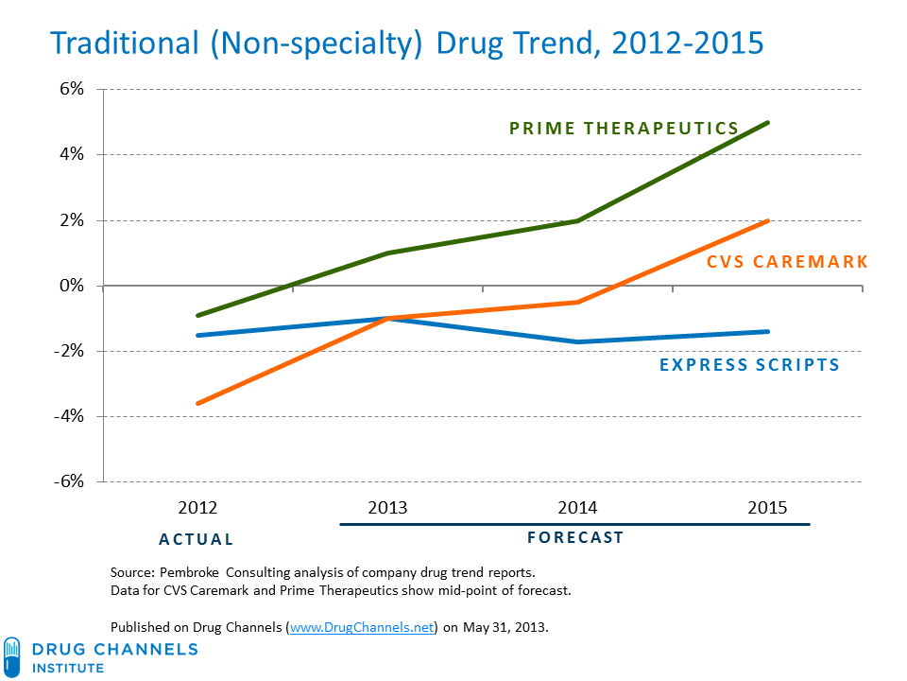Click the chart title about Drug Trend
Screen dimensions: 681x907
(405, 44)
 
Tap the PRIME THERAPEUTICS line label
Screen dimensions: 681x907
(624, 128)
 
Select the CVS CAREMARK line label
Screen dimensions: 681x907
(786, 261)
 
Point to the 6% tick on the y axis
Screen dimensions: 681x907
(72, 89)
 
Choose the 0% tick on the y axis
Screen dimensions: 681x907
(72, 286)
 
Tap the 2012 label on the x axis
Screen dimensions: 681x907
(197, 508)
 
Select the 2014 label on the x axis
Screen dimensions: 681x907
(576, 508)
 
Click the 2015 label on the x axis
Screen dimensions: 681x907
(766, 508)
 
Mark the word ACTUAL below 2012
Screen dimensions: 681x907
(196, 539)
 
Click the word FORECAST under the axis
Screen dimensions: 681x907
(574, 537)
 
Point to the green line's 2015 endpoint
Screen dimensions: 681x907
(767, 122)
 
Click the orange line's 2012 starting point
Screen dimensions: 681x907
(197, 403)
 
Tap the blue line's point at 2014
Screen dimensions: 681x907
(576, 341)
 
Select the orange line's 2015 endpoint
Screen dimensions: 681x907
(767, 220)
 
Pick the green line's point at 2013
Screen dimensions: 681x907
(387, 253)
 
